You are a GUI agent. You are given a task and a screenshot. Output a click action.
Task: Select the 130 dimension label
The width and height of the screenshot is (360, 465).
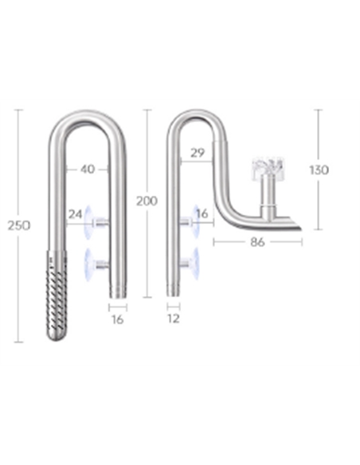pyautogui.click(x=319, y=170)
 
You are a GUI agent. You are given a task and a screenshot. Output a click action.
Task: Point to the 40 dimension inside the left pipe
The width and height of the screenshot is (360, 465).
pyautogui.click(x=87, y=169)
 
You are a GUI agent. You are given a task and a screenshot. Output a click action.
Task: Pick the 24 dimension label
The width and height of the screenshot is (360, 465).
pyautogui.click(x=76, y=213)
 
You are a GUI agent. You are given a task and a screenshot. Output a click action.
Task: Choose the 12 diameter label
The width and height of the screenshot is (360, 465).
pyautogui.click(x=174, y=318)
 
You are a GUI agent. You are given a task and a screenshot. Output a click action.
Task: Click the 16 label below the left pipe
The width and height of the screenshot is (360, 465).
pyautogui.click(x=118, y=318)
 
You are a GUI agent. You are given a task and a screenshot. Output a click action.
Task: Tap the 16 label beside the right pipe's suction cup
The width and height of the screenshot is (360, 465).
pyautogui.click(x=202, y=213)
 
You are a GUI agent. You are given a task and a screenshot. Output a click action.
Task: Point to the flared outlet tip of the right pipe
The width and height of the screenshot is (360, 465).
pyautogui.click(x=295, y=229)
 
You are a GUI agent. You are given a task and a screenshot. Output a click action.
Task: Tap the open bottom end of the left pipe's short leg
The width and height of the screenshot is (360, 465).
pyautogui.click(x=117, y=295)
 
